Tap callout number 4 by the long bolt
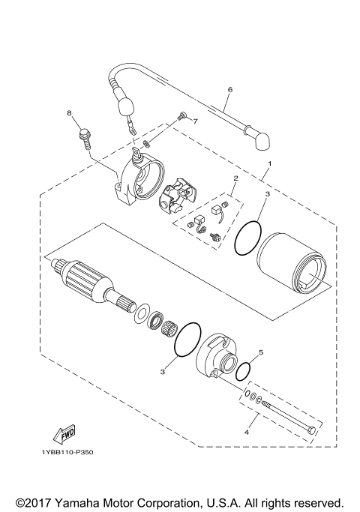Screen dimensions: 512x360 (247, 431)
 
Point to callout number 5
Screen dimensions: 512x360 (260, 352)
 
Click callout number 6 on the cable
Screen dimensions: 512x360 (229, 89)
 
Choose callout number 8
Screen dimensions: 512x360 (69, 113)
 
